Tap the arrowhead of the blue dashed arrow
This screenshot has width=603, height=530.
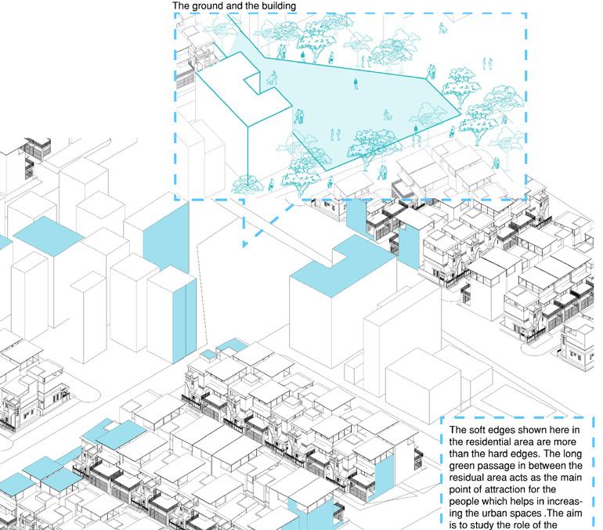coord(245,243)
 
